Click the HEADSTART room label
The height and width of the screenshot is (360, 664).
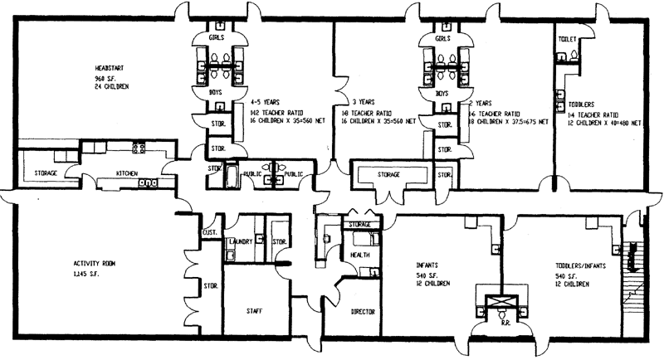click(111, 67)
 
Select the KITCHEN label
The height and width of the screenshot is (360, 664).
click(126, 173)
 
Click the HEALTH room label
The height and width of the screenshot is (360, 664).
click(360, 255)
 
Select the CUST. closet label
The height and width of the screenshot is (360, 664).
click(210, 233)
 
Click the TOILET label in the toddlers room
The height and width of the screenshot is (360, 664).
click(568, 39)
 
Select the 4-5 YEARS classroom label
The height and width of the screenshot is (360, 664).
click(266, 102)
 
